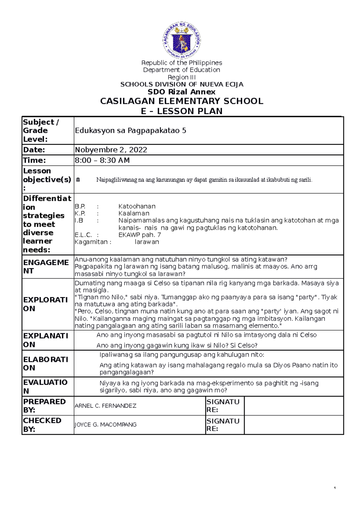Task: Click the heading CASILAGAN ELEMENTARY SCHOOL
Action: coord(181,101)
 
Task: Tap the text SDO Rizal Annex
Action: coord(181,92)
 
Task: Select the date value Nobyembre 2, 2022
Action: coord(111,150)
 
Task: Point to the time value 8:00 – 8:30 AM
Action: coord(102,160)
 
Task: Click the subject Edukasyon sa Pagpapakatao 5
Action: coord(130,131)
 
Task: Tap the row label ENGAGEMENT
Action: coord(46,266)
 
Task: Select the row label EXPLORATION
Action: coord(45,304)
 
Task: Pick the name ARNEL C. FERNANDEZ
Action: coord(105,406)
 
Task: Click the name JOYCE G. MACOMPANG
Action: coord(105,425)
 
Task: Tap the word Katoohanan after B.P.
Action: coord(137,206)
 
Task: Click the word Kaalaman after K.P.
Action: coord(134,213)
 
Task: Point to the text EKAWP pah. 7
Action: coord(139,235)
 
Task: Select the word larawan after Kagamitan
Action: coord(147,242)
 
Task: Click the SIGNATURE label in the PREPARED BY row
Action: coord(223,406)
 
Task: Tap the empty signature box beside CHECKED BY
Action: coord(293,425)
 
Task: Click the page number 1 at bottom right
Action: coord(335,488)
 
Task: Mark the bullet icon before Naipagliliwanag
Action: coord(78,180)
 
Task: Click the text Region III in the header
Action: coord(181,77)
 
